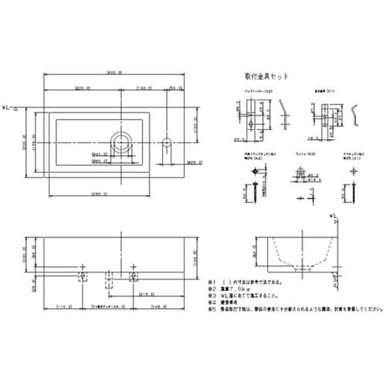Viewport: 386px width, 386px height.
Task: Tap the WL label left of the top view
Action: click(x=8, y=108)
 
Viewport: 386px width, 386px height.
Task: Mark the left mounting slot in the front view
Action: click(x=83, y=275)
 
